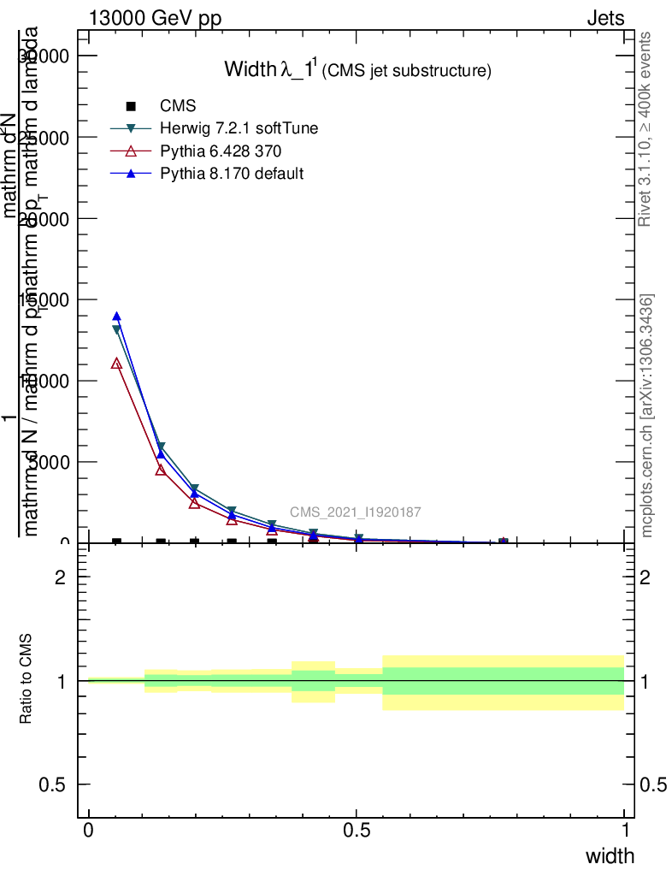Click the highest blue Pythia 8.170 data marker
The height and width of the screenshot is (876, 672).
(116, 317)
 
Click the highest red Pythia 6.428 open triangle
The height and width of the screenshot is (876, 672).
(116, 364)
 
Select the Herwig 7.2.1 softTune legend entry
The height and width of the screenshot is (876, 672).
(239, 128)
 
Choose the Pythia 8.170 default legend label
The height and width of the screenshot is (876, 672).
(232, 174)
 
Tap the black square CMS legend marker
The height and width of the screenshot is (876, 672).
(131, 106)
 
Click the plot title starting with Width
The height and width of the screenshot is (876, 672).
(357, 70)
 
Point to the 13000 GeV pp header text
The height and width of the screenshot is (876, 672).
(156, 18)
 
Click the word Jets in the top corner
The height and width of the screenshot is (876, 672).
(605, 18)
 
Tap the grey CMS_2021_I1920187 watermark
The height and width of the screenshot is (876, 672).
(355, 512)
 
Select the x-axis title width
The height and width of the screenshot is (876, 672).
(610, 856)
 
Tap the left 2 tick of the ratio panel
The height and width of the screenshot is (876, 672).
(61, 577)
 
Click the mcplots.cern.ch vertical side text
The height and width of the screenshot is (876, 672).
(647, 416)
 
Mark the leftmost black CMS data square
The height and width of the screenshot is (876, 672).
(116, 542)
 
